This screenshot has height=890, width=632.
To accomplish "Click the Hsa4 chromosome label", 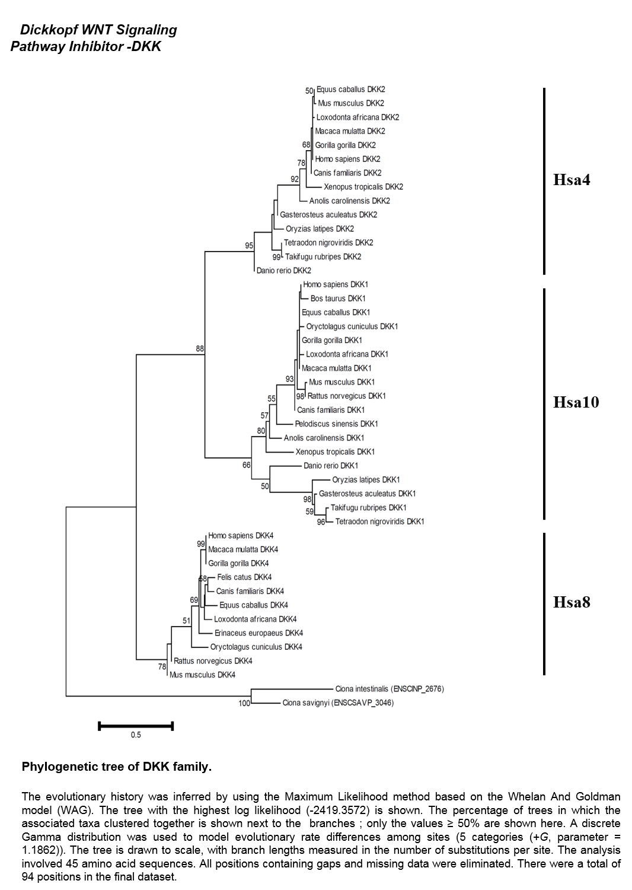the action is [x=572, y=180].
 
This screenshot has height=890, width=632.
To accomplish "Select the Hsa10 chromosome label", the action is [x=576, y=402].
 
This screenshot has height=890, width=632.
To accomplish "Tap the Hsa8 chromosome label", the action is [x=572, y=602].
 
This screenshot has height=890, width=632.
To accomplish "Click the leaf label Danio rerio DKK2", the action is [x=284, y=271].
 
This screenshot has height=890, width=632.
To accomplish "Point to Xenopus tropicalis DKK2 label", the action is [x=363, y=187].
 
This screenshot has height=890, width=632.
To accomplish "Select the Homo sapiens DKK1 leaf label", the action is [x=336, y=284].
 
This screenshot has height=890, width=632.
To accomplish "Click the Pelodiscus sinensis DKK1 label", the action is [x=336, y=424].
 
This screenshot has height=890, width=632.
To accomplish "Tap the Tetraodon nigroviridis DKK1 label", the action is [x=379, y=522].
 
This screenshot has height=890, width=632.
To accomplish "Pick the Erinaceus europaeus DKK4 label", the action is [x=259, y=633].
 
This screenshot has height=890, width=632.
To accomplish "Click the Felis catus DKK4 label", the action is [x=244, y=577].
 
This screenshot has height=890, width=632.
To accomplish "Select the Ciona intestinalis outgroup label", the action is [x=390, y=689].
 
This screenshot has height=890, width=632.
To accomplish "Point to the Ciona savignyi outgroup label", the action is [x=338, y=703].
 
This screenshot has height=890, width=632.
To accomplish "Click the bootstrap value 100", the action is [x=244, y=703].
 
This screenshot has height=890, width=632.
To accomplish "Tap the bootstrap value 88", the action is [x=200, y=349].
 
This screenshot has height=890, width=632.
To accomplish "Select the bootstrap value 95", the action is [x=249, y=246].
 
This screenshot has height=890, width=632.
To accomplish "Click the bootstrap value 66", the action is [x=247, y=465].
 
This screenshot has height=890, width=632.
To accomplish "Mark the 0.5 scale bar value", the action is [x=136, y=735].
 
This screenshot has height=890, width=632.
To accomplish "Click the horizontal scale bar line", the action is [x=136, y=726].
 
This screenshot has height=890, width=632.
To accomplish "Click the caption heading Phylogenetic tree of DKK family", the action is [x=117, y=767].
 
